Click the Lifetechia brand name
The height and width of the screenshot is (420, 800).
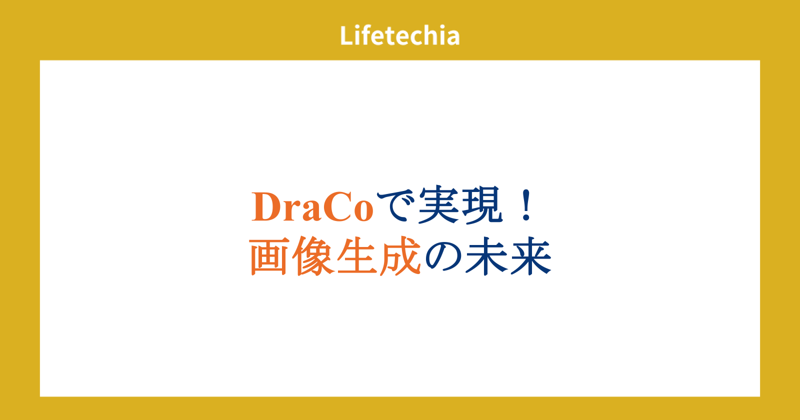click(x=399, y=35)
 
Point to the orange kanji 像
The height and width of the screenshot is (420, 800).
click(x=313, y=256)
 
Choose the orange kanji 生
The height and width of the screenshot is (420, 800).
click(x=357, y=256)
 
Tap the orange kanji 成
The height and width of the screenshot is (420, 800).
click(x=400, y=256)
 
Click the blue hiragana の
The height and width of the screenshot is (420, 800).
click(x=443, y=257)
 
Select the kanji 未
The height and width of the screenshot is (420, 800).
click(x=486, y=256)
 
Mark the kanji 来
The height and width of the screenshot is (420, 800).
click(x=531, y=256)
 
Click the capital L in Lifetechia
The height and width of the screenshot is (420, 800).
click(x=346, y=35)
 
